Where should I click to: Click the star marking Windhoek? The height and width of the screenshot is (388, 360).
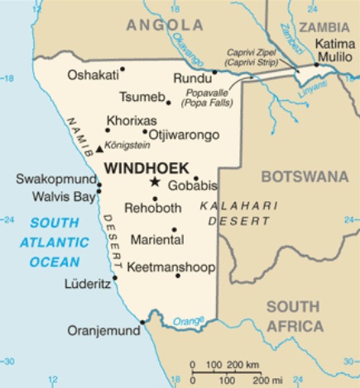pyautogui.click(x=153, y=181)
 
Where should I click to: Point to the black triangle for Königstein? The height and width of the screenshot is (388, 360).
pyautogui.click(x=100, y=149)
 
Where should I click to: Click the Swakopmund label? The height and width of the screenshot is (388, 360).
pyautogui.click(x=55, y=180)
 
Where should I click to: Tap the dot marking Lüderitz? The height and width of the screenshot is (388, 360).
pyautogui.click(x=115, y=277)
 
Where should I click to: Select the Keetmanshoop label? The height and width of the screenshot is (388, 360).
pyautogui.click(x=170, y=267)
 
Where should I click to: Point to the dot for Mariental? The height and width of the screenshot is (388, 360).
pyautogui.click(x=174, y=230)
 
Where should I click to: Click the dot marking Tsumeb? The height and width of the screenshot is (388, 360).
pyautogui.click(x=168, y=103)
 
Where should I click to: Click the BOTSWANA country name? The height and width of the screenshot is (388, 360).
pyautogui.click(x=305, y=176)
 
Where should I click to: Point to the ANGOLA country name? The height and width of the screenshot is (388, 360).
pyautogui.click(x=162, y=25)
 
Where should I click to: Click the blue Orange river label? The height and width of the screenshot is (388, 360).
pyautogui.click(x=188, y=320)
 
